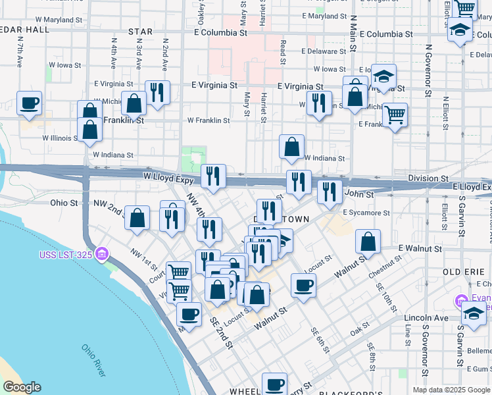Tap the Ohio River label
pos(94,360)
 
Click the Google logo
pos(22,387)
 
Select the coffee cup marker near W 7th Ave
pos(30,103)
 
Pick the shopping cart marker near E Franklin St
pos(395,115)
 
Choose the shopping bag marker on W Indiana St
pos(292,147)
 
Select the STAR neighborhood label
pos(140,32)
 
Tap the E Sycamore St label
pos(366,213)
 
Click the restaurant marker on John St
pos(330,192)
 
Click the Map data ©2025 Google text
pos(451,390)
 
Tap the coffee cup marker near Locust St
pos(303,286)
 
